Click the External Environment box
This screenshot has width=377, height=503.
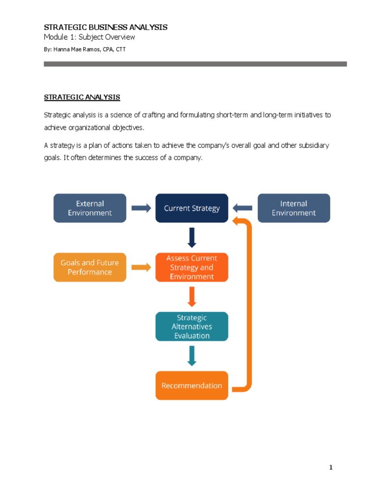[90, 208]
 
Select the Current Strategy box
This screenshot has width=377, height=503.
[191, 208]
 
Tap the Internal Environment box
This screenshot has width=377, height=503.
[294, 208]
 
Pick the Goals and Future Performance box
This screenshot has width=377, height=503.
[90, 267]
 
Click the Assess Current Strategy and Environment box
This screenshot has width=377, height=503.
[191, 267]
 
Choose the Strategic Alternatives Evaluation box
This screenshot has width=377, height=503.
[191, 327]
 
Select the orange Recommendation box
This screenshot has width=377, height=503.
[191, 386]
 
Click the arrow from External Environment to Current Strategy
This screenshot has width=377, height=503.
[141, 208]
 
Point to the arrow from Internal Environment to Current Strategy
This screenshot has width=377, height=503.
[243, 208]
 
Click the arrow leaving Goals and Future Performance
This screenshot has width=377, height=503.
[141, 267]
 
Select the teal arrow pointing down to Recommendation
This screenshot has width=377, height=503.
[192, 356]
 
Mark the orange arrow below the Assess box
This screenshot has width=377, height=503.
[192, 297]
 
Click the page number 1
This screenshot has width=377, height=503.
[331, 468]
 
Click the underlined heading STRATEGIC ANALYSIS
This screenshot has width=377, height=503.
[82, 97]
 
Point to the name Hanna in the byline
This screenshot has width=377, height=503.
[62, 50]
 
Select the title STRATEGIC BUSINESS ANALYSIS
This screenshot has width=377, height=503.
[106, 27]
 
